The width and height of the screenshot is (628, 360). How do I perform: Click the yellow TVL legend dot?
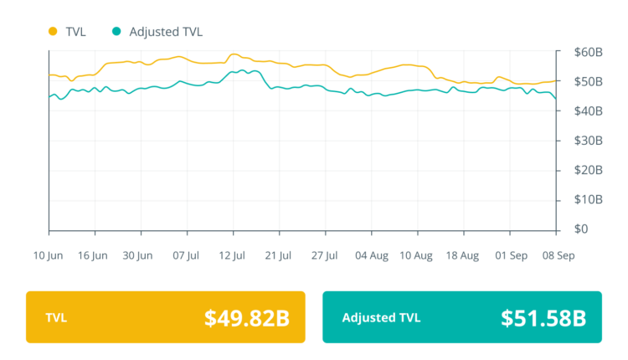[x=53, y=32]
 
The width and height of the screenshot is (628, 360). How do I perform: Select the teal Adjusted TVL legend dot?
[x=117, y=32]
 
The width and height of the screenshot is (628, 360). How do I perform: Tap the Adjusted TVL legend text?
[x=166, y=32]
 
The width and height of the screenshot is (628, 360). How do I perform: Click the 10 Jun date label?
[x=49, y=255]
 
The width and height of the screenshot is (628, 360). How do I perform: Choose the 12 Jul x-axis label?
[x=232, y=255]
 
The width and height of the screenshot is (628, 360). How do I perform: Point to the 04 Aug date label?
[x=371, y=255]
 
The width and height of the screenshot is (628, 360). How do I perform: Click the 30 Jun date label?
[x=138, y=255]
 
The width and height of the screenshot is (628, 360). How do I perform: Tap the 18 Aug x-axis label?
[x=463, y=255]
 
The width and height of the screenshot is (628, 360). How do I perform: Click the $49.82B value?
[x=247, y=318]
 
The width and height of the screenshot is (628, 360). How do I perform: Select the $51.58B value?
[x=543, y=318]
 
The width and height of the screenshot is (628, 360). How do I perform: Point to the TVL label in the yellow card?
[x=57, y=318]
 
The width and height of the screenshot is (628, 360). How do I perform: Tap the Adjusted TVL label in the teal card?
[x=381, y=318]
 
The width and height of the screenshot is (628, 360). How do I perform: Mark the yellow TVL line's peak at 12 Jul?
[x=234, y=54]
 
